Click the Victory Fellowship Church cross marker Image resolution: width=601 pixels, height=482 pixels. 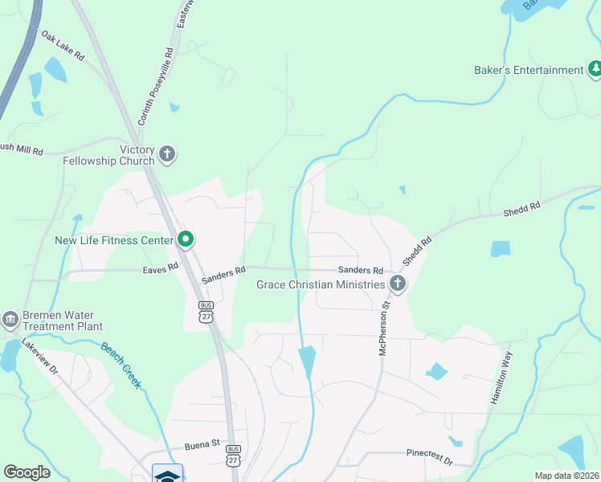click(166, 153)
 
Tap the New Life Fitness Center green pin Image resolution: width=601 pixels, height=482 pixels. click(186, 239)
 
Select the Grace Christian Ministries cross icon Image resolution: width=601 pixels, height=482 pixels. click(397, 283)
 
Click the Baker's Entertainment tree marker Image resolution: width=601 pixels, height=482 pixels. click(595, 70)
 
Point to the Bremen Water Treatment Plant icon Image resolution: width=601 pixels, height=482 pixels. click(10, 320)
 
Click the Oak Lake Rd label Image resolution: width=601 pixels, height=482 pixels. click(63, 47)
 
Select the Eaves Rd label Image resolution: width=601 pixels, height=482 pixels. click(160, 270)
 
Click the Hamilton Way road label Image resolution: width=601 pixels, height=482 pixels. click(500, 378)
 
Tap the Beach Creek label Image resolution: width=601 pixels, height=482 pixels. click(121, 366)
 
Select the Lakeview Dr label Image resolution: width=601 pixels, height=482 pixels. click(40, 357)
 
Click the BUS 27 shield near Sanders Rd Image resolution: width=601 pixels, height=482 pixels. click(206, 312)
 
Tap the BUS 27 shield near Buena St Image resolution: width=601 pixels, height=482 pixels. click(233, 455)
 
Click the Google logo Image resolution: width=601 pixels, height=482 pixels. click(27, 472)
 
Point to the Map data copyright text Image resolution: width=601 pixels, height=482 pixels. click(566, 476)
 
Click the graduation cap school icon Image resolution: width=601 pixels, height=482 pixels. click(167, 474)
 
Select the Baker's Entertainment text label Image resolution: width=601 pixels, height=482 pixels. click(528, 70)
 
